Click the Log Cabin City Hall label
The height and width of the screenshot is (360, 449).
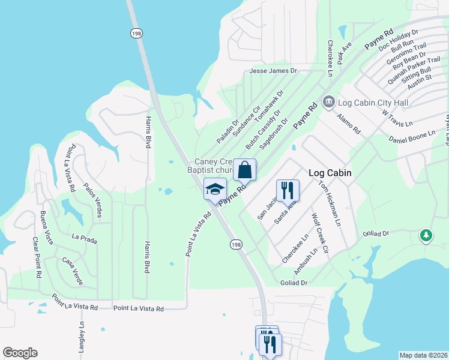point(373,103)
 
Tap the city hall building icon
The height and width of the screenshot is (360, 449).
point(328,103)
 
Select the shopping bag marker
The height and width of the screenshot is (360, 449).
point(245,170)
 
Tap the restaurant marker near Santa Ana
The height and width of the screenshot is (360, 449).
point(288,190)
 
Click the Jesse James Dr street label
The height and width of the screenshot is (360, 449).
point(274,71)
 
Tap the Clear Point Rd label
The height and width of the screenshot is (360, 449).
point(38,266)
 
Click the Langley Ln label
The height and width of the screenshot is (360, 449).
point(81,338)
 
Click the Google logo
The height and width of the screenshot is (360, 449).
point(20,353)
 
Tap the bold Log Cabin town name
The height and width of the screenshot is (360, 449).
point(330,173)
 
